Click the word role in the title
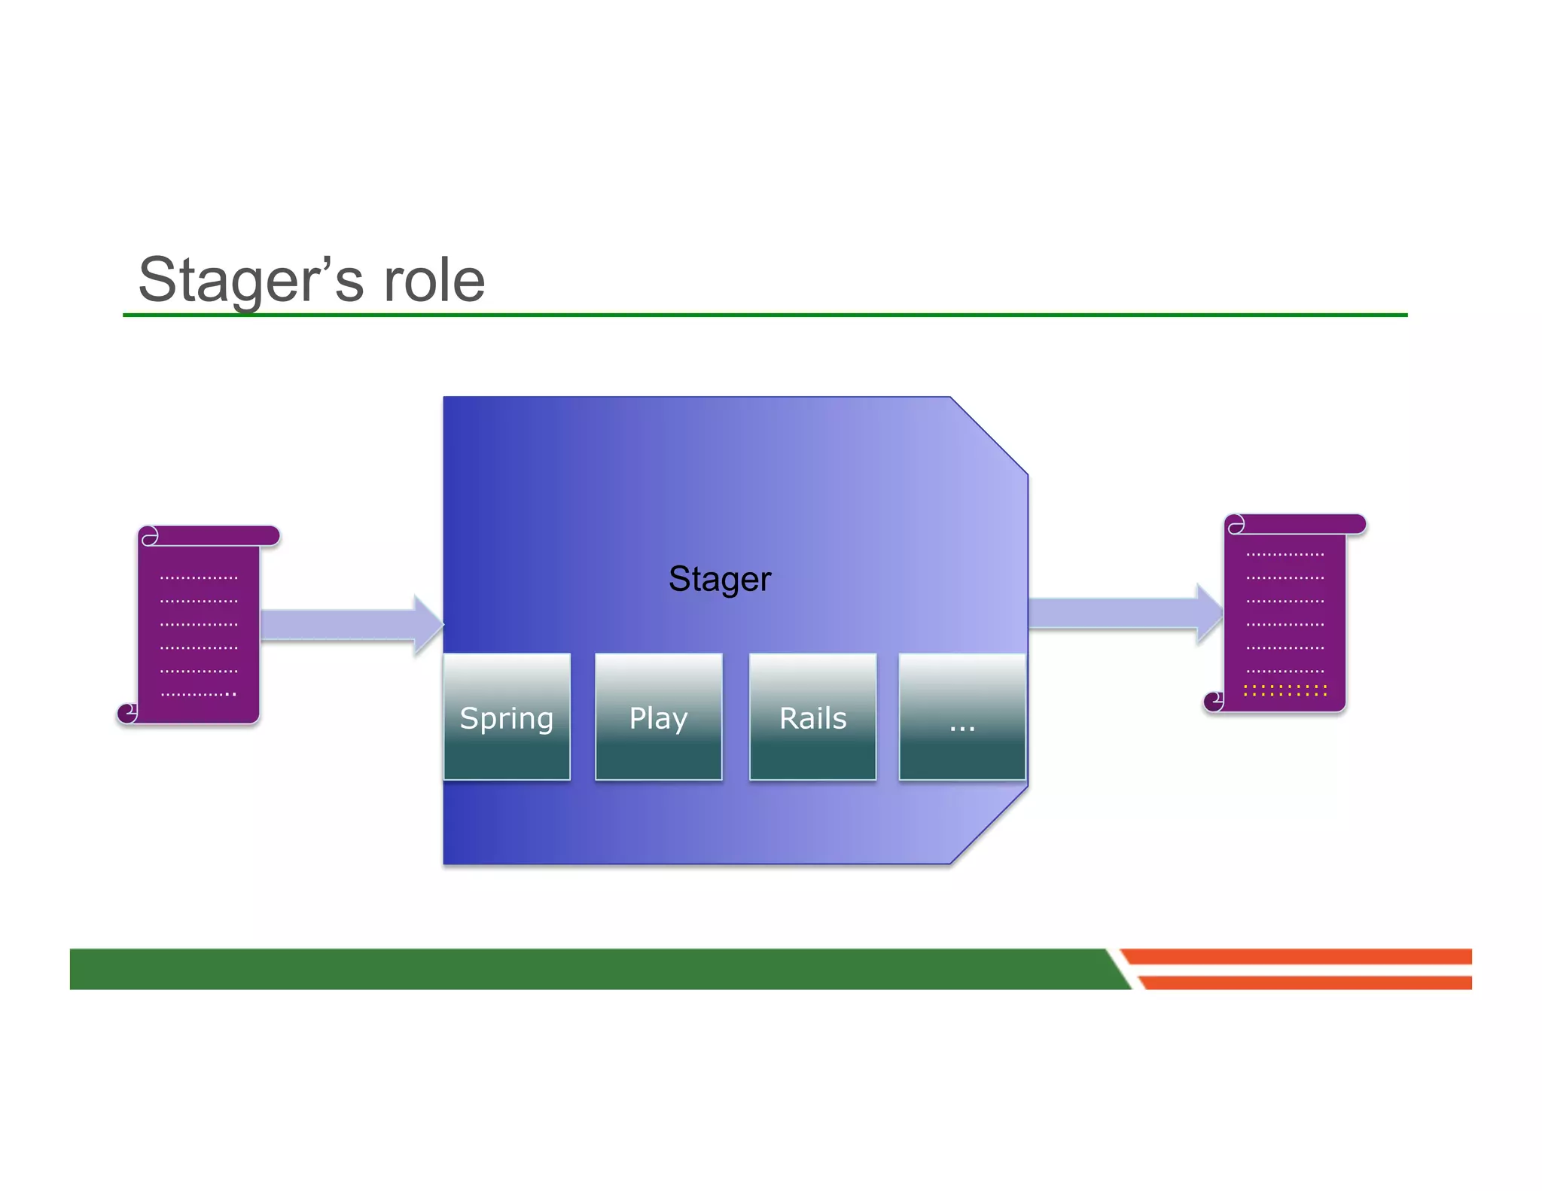tap(434, 280)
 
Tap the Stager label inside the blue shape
tap(719, 579)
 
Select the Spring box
tap(507, 717)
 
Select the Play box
tap(658, 717)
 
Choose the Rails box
tap(812, 717)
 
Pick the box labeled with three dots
tap(961, 717)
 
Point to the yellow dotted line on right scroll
tap(1284, 690)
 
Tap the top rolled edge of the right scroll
tap(1295, 524)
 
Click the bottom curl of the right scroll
tap(1214, 701)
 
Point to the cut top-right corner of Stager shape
tap(989, 435)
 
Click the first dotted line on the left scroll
tap(199, 578)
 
